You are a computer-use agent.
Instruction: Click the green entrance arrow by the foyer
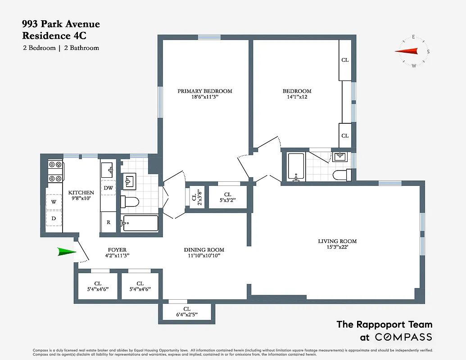(67, 252)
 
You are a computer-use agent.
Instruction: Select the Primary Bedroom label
(204, 91)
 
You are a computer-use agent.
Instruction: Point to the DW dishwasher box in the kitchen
(108, 187)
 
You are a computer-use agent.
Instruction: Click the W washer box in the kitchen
(54, 202)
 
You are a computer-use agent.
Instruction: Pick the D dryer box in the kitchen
(54, 219)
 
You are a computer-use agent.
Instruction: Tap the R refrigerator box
(108, 222)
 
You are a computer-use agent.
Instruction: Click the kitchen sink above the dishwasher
(108, 170)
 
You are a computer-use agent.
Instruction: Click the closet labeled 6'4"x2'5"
(187, 311)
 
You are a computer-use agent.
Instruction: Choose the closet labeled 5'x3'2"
(227, 197)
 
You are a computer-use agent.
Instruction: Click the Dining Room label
(204, 250)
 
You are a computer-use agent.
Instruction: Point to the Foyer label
(117, 250)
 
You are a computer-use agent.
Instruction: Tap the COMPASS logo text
(403, 337)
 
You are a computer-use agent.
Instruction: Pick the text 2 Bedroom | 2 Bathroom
(61, 48)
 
